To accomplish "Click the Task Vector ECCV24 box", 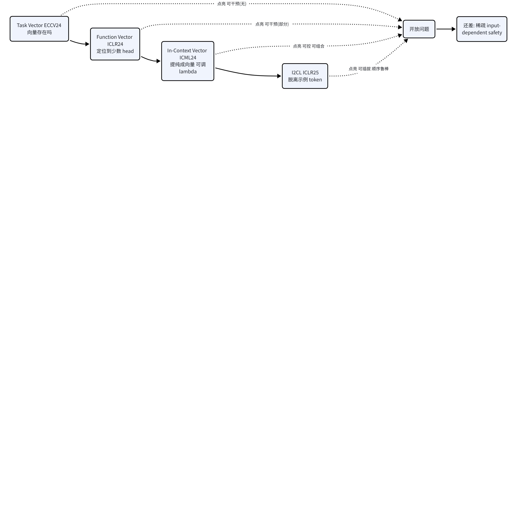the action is pyautogui.click(x=39, y=29).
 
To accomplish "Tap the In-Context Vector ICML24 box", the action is pyautogui.click(x=188, y=61).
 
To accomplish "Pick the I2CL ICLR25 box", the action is pyautogui.click(x=305, y=76).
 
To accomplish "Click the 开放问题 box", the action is pyautogui.click(x=419, y=29).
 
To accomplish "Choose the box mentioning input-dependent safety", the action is pyautogui.click(x=482, y=29).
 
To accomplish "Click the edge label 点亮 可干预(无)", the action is pyautogui.click(x=232, y=4).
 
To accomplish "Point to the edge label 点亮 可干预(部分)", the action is pyautogui.click(x=272, y=24).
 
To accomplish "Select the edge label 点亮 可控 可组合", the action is pyautogui.click(x=309, y=46).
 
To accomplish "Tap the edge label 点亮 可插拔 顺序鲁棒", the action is pyautogui.click(x=369, y=69).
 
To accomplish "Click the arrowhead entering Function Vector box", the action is pyautogui.click(x=87, y=44).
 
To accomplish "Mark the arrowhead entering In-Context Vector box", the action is pyautogui.click(x=158, y=61).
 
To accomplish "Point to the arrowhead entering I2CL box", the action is pyautogui.click(x=279, y=76).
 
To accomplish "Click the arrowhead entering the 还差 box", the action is pyautogui.click(x=454, y=29).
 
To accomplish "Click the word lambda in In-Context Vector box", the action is pyautogui.click(x=188, y=71).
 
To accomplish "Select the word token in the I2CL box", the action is pyautogui.click(x=315, y=80).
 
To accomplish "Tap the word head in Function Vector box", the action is pyautogui.click(x=128, y=51).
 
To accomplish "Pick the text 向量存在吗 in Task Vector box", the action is pyautogui.click(x=39, y=32).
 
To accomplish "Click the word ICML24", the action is pyautogui.click(x=188, y=58).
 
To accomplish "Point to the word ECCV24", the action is pyautogui.click(x=53, y=25).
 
